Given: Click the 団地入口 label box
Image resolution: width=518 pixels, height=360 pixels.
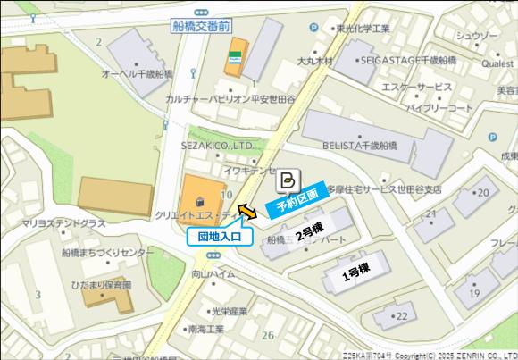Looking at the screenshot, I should [220, 237].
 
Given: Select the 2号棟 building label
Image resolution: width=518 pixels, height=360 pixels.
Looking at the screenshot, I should [310, 236].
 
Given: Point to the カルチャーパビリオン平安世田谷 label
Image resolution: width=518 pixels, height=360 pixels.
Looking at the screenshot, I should [230, 99].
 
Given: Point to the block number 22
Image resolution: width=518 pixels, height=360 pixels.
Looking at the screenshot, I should [401, 315].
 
